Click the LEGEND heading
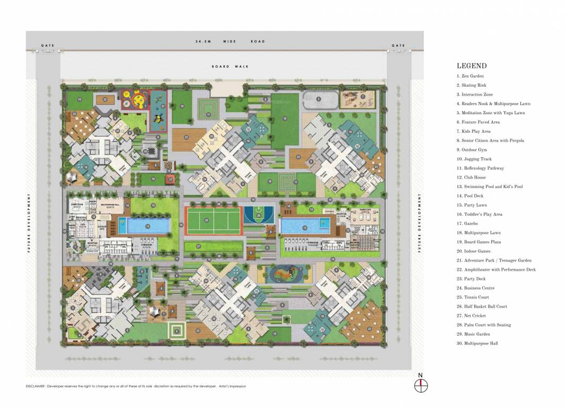coord(472,66)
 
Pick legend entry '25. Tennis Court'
coord(473,297)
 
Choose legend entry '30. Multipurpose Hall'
coord(477,344)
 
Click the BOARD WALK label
coord(230,66)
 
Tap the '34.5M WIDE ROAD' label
coord(229,41)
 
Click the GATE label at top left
coord(48,46)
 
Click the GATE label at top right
coord(398,46)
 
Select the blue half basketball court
coord(259,215)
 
